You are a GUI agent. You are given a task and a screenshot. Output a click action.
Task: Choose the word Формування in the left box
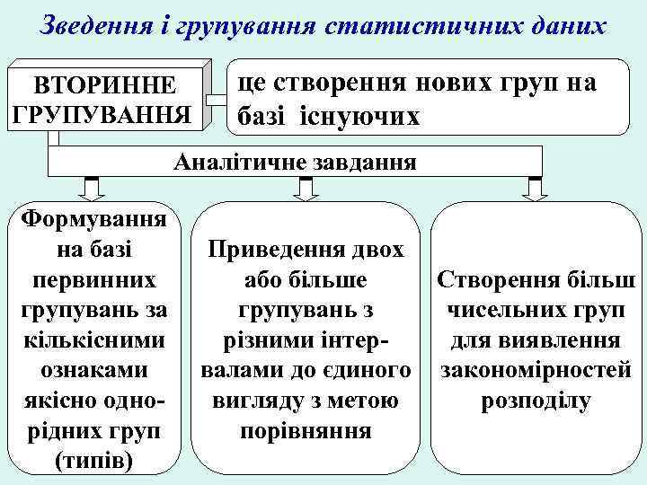coord(96,217)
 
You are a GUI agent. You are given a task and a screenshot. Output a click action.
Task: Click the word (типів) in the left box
coord(93,462)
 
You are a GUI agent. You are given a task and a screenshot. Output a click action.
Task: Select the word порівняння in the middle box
coord(306,431)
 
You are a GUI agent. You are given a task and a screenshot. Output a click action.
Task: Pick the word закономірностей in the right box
coord(536,370)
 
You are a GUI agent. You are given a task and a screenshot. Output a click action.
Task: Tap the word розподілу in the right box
coord(536,401)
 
